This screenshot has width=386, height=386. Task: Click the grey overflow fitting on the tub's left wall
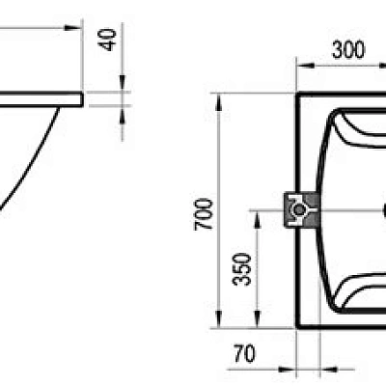click(x=297, y=209)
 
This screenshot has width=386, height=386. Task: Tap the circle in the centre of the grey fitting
click(x=300, y=209)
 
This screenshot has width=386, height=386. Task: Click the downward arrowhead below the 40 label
click(x=122, y=88)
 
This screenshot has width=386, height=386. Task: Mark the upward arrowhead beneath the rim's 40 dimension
click(x=122, y=110)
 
